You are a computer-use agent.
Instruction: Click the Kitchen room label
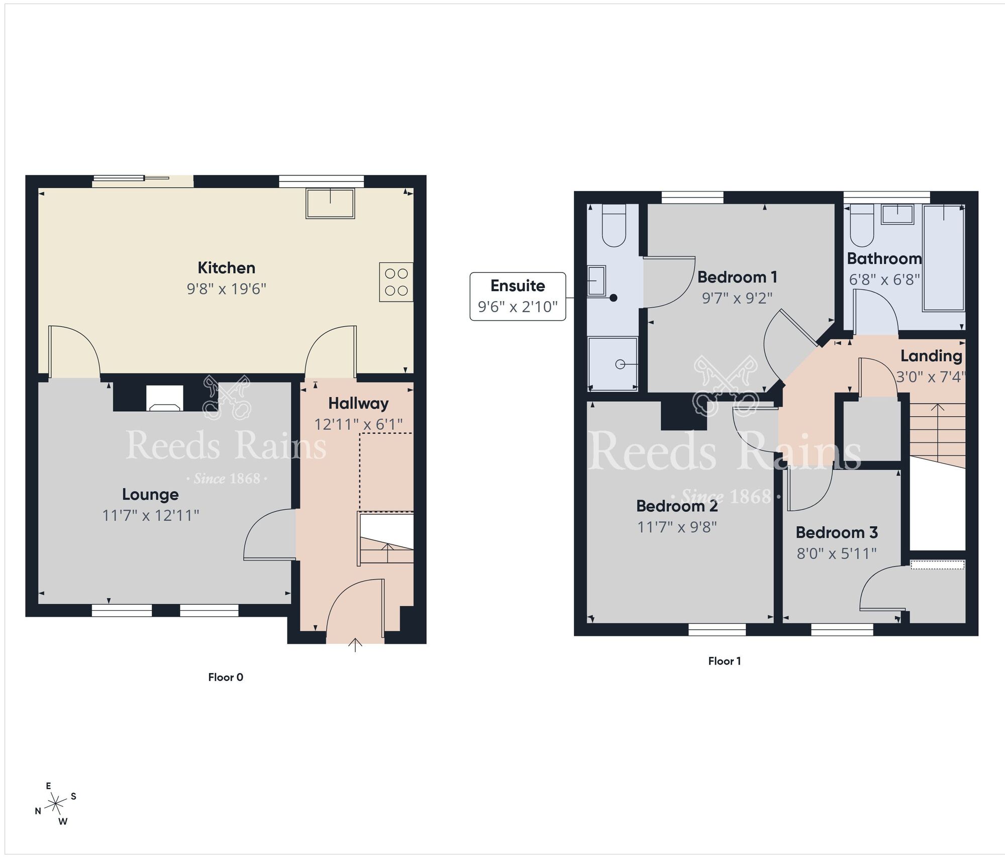coord(226,268)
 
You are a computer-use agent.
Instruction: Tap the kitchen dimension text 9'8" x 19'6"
coord(226,289)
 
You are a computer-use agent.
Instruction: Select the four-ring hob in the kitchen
coord(396,282)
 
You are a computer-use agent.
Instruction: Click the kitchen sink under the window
coord(330,203)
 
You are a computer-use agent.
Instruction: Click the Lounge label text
coord(150,495)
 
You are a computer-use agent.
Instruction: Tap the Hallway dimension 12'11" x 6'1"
coord(358,425)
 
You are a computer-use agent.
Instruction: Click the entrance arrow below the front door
coord(355,645)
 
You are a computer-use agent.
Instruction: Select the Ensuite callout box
coord(518,297)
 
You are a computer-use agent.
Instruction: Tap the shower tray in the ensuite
coord(613,364)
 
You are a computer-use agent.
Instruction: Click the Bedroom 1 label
coord(737,277)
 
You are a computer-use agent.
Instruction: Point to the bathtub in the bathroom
coord(944,257)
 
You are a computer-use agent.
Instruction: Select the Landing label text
coord(931,356)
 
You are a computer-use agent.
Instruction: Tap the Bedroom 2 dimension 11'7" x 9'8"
coord(677,527)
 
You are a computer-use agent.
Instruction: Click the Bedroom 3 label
coord(837,532)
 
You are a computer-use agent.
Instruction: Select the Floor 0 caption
coord(226,677)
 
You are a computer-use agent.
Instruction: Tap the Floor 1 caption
coord(724,661)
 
